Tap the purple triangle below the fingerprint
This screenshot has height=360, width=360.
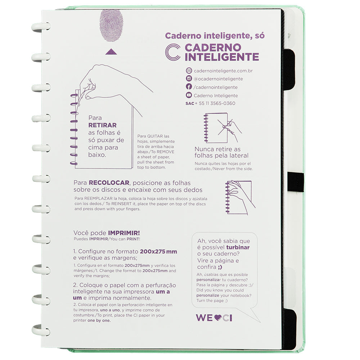[x=111, y=52]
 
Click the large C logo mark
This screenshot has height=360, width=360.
[x=173, y=52]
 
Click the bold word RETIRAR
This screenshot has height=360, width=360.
[x=103, y=125]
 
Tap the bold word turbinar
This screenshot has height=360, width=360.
[x=238, y=247]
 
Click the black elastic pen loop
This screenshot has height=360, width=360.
[x=296, y=182]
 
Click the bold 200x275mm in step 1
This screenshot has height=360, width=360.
[x=158, y=252]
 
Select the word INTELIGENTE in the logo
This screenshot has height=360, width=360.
[x=222, y=57]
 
